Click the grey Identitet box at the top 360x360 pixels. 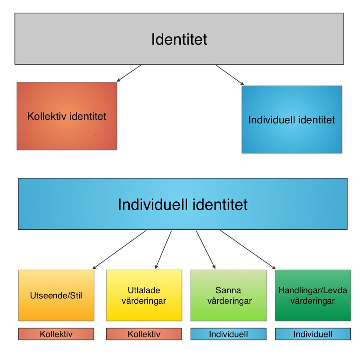(179, 39)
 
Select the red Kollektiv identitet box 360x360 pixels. (67, 116)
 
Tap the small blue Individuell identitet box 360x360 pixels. (292, 120)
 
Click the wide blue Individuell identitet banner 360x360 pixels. (183, 204)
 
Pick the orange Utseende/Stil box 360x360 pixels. (56, 295)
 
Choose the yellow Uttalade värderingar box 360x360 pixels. (144, 295)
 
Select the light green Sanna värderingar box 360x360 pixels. (228, 295)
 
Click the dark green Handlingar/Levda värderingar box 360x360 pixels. (313, 295)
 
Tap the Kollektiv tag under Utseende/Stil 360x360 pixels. (56, 334)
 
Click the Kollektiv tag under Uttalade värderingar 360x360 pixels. (144, 334)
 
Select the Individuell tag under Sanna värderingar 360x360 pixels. (228, 334)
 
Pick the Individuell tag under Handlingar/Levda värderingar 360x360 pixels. (313, 334)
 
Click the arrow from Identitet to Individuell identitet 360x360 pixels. (230, 75)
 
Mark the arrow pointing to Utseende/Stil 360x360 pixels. (119, 250)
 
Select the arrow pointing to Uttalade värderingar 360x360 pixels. (163, 250)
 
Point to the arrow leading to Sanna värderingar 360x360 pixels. (205, 250)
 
